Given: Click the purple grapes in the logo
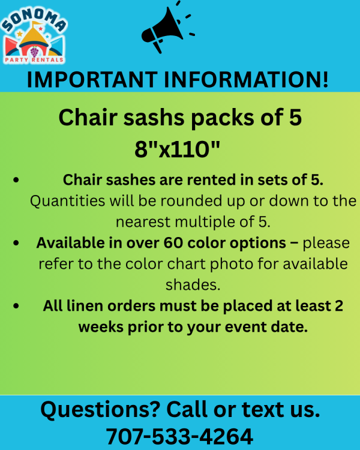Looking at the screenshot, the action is (x=34, y=52).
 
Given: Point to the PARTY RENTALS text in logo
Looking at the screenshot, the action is (x=34, y=60).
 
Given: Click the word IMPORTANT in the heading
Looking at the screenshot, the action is (x=92, y=79).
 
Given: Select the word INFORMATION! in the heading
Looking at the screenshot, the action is (x=247, y=79).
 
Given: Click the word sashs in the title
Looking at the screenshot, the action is (x=154, y=118).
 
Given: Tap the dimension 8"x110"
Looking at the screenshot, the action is (x=177, y=149).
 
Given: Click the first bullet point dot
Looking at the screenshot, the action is (x=16, y=180).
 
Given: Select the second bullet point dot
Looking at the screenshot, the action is (x=16, y=243).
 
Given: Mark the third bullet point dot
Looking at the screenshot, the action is (x=16, y=306).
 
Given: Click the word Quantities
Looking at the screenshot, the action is (x=67, y=200).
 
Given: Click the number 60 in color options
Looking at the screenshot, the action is (x=173, y=243).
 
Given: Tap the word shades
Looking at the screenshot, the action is (x=193, y=285).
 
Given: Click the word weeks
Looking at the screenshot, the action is (x=101, y=327).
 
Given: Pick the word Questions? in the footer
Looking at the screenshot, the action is (x=100, y=410).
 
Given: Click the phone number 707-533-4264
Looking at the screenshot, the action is (x=180, y=437).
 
